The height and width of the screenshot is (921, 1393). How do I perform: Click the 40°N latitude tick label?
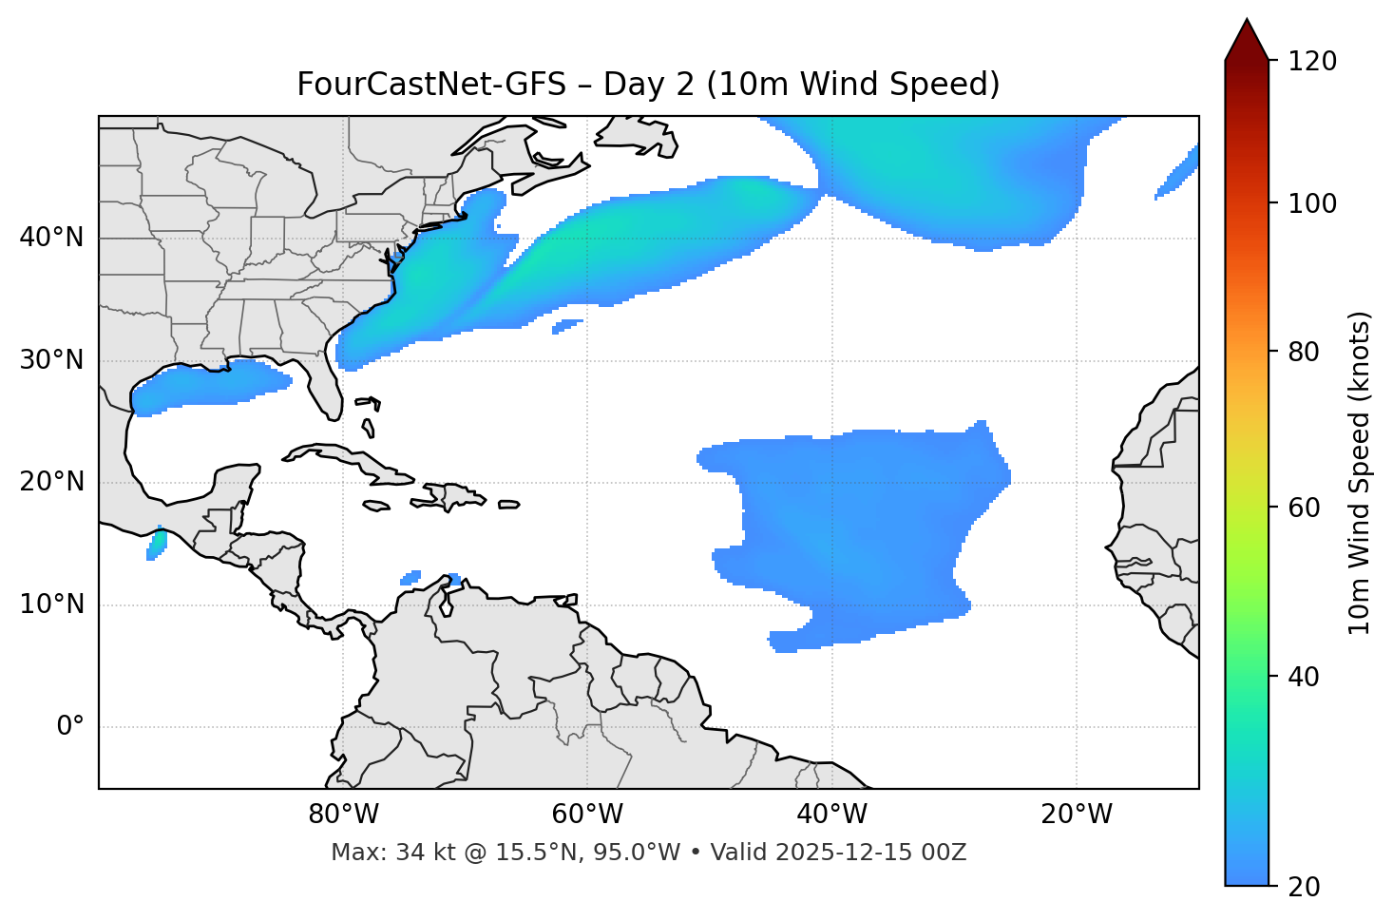pyautogui.click(x=51, y=238)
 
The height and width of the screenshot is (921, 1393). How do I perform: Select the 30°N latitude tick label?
pyautogui.click(x=51, y=360)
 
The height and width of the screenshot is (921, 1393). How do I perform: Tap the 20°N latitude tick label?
pyautogui.click(x=51, y=483)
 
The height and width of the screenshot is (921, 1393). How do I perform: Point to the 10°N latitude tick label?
pyautogui.click(x=51, y=604)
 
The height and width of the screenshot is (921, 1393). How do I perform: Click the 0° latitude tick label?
pyautogui.click(x=69, y=727)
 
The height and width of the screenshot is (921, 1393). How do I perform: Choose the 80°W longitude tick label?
pyautogui.click(x=343, y=815)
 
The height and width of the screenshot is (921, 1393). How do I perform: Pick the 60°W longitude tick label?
pyautogui.click(x=587, y=815)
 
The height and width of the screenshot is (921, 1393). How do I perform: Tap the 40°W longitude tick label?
pyautogui.click(x=832, y=815)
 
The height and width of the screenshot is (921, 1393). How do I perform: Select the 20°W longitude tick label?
pyautogui.click(x=1077, y=815)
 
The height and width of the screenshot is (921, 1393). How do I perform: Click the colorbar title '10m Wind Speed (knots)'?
pyautogui.click(x=1360, y=472)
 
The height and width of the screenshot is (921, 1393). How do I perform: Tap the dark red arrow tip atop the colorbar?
pyautogui.click(x=1247, y=38)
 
